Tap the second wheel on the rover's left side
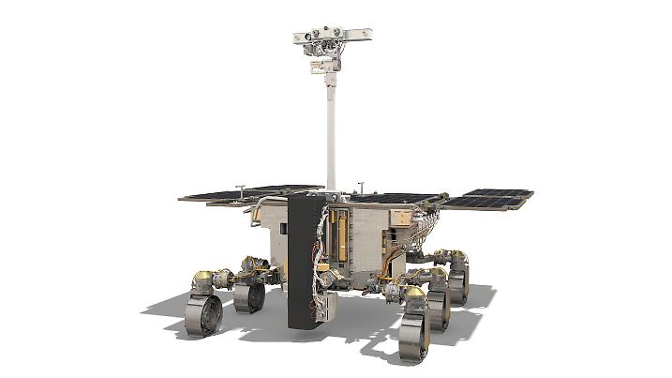click(248, 297)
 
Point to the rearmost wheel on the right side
click(458, 281)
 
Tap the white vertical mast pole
click(331, 131)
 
